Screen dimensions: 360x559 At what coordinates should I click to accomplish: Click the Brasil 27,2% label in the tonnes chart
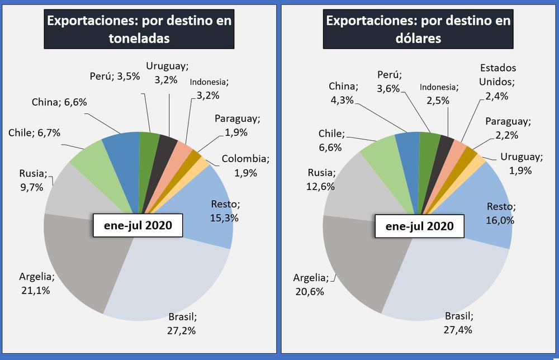click(182, 323)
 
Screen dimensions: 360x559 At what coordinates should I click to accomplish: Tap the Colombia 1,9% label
click(245, 165)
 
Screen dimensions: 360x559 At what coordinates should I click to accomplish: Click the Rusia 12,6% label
click(321, 179)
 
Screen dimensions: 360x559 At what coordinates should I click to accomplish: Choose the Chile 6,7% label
click(34, 132)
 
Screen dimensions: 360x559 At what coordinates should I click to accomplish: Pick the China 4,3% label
click(343, 93)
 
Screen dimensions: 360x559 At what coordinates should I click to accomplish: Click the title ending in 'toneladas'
click(139, 29)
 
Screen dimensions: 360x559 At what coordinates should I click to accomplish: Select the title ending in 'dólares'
click(418, 29)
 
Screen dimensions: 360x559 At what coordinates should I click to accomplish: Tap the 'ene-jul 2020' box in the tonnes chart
click(138, 225)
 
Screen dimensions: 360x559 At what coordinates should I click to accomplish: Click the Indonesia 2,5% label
click(439, 93)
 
